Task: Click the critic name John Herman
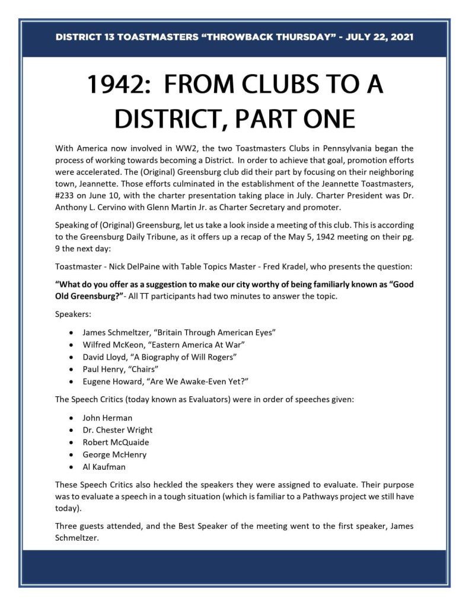click(x=107, y=418)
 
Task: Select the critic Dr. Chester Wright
click(x=117, y=430)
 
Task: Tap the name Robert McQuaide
click(x=116, y=443)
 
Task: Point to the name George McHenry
click(x=114, y=455)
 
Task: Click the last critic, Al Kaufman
click(x=104, y=467)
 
